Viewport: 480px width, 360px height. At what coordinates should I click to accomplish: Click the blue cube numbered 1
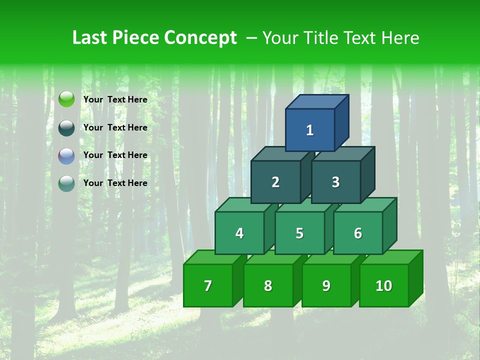pos(310,130)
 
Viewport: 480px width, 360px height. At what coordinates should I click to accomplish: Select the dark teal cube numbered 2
pos(275,182)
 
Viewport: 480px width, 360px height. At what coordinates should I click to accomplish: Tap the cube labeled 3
pos(335,182)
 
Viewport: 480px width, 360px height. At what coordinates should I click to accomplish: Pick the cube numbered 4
pos(239,233)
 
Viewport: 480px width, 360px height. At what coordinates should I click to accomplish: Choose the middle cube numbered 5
pos(299,233)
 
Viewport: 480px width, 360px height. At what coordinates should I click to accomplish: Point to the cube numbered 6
pos(358,233)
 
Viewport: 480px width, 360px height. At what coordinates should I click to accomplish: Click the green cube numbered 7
pos(208,285)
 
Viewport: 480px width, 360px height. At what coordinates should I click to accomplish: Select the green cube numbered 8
pos(268,285)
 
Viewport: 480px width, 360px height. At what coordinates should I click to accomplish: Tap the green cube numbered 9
pos(326,285)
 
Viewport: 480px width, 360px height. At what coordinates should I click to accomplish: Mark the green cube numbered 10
pos(383,285)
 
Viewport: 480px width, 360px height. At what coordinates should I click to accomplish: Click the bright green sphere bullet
pos(66,99)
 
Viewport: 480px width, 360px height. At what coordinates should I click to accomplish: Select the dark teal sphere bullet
pos(66,127)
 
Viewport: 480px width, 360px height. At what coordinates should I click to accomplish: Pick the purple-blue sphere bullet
pos(66,155)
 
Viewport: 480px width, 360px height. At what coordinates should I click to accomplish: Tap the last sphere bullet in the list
pos(66,183)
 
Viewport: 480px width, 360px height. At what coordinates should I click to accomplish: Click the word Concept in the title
pos(200,38)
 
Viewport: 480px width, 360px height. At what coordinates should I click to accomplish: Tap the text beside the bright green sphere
pos(115,99)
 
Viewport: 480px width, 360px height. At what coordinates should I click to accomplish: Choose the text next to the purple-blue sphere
pos(115,155)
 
